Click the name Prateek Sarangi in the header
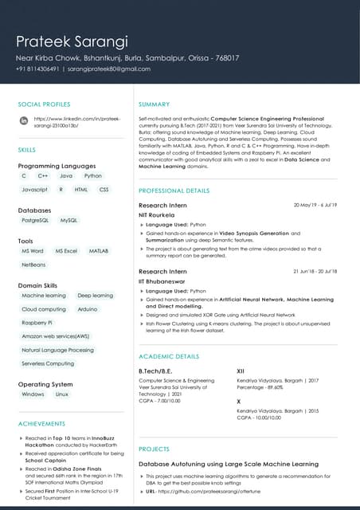coord(72,41)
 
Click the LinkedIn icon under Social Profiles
coord(24,120)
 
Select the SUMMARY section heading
coord(154,104)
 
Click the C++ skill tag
coord(43,175)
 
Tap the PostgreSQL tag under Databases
coord(35,220)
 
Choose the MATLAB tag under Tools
coord(98,250)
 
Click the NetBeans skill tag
coord(33,264)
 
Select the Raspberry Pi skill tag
coord(37,323)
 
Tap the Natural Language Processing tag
coord(57,350)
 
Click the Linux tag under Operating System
coord(62,394)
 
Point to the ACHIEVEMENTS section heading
coord(41,423)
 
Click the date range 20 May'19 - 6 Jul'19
coord(315,206)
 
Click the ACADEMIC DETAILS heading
coord(169,355)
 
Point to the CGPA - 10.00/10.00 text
coord(259,417)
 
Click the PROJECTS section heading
coord(154,449)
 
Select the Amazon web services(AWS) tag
coord(56,336)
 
